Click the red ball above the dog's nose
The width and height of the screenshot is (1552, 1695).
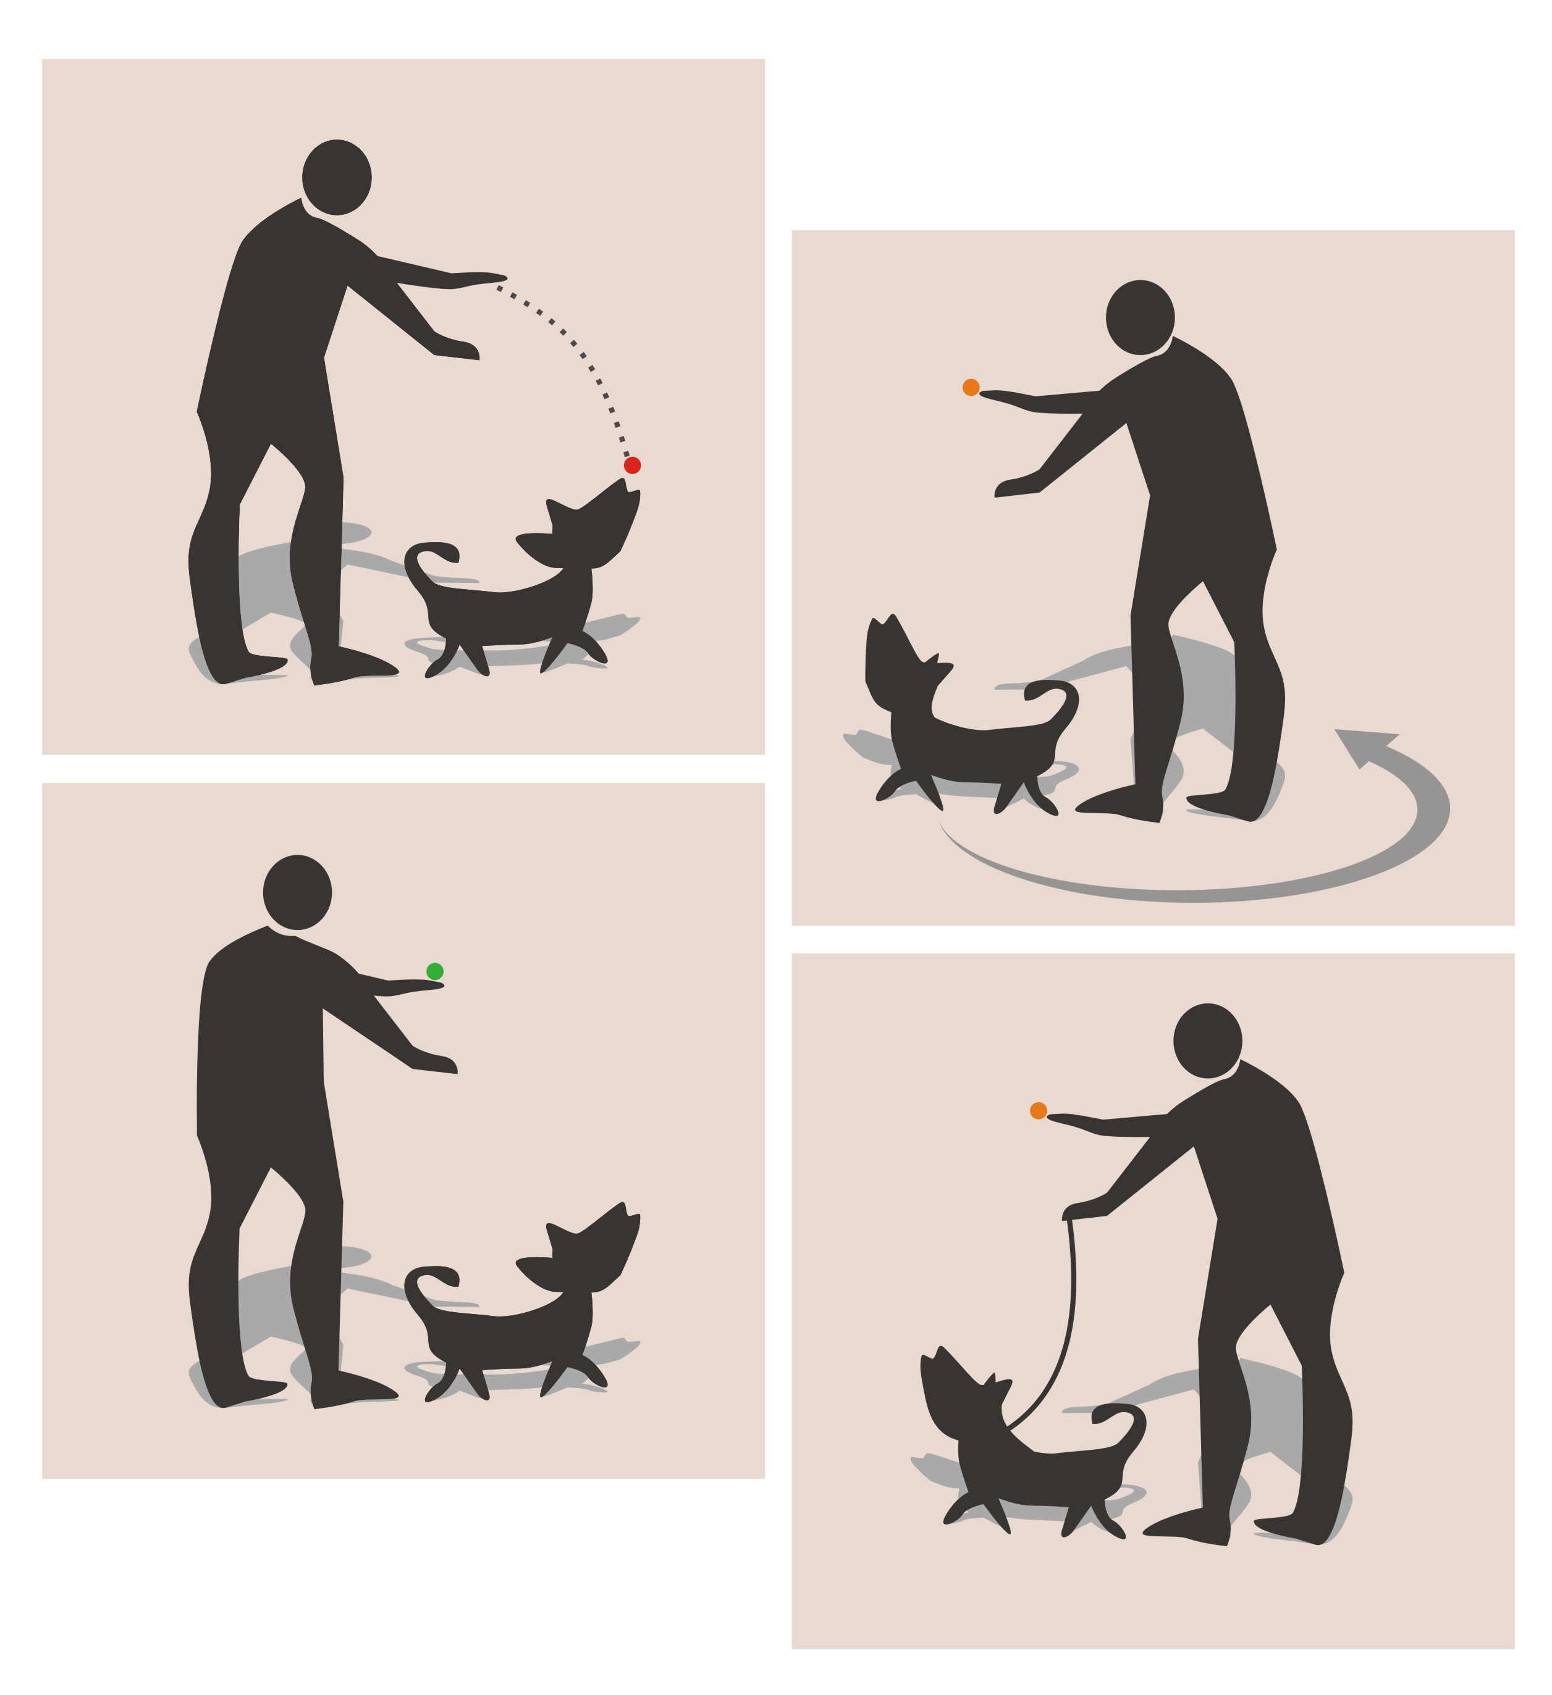coord(631,465)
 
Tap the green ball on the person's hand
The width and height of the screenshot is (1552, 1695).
coord(435,971)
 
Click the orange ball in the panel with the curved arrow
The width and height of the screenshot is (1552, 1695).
coord(971,387)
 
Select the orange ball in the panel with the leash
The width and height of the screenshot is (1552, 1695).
coord(1039,1111)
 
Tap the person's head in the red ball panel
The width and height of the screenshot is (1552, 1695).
coord(337,177)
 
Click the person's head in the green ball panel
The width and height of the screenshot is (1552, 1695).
coord(297,893)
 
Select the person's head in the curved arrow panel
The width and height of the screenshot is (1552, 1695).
coord(1140,317)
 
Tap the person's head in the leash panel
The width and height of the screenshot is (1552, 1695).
coord(1207,1040)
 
